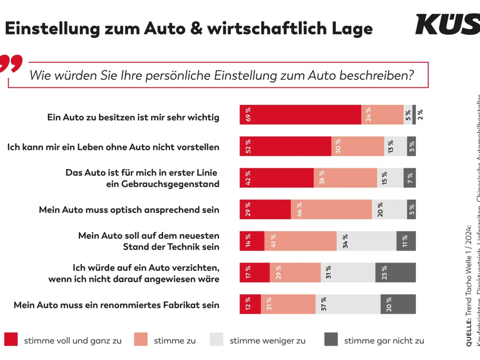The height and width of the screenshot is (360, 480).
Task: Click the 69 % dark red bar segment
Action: [x=300, y=115]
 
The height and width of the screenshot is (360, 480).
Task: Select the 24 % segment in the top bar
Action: [x=382, y=115]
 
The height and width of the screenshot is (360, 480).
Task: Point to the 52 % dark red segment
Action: [x=285, y=146]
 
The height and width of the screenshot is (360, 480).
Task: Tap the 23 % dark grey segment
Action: [x=395, y=272]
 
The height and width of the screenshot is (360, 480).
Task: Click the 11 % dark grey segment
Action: [x=406, y=241]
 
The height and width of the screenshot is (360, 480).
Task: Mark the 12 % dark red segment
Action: [x=250, y=304]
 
